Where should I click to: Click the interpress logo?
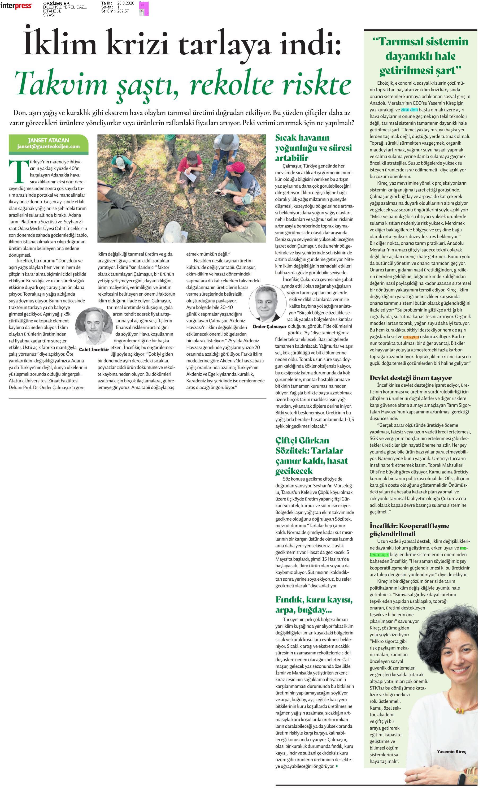[x=16, y=6]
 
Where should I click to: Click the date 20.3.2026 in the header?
[x=126, y=3]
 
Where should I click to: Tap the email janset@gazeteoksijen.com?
[x=48, y=146]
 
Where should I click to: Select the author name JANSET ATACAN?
[x=48, y=140]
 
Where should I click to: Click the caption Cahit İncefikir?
[x=94, y=349]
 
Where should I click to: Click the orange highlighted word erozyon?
[x=411, y=337]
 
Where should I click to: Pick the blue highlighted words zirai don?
[x=409, y=110]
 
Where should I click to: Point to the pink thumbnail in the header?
[x=144, y=9]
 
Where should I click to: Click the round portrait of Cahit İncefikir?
[x=92, y=326]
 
